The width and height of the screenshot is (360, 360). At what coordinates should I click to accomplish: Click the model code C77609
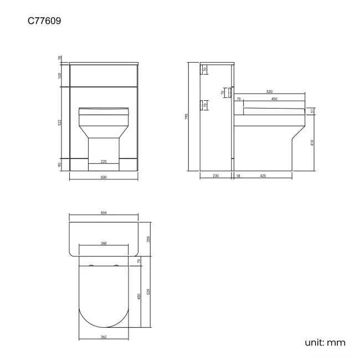(x=44, y=22)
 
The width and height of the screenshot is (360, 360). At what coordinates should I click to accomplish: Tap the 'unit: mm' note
(x=325, y=342)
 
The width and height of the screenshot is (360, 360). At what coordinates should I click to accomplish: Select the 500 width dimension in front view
(x=104, y=177)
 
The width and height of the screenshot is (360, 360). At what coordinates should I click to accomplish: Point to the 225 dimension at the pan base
(x=104, y=162)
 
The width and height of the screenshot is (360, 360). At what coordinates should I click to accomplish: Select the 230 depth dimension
(x=215, y=176)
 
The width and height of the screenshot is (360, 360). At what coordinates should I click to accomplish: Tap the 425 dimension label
(x=263, y=176)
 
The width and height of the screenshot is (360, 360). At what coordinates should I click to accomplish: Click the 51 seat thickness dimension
(x=313, y=111)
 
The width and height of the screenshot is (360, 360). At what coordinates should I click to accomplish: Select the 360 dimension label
(x=104, y=243)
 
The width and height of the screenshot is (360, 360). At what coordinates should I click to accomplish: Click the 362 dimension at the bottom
(x=104, y=336)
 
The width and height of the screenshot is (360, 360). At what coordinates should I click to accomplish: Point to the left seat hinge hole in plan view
(x=90, y=267)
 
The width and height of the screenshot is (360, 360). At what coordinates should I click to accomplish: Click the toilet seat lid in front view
(x=104, y=111)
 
